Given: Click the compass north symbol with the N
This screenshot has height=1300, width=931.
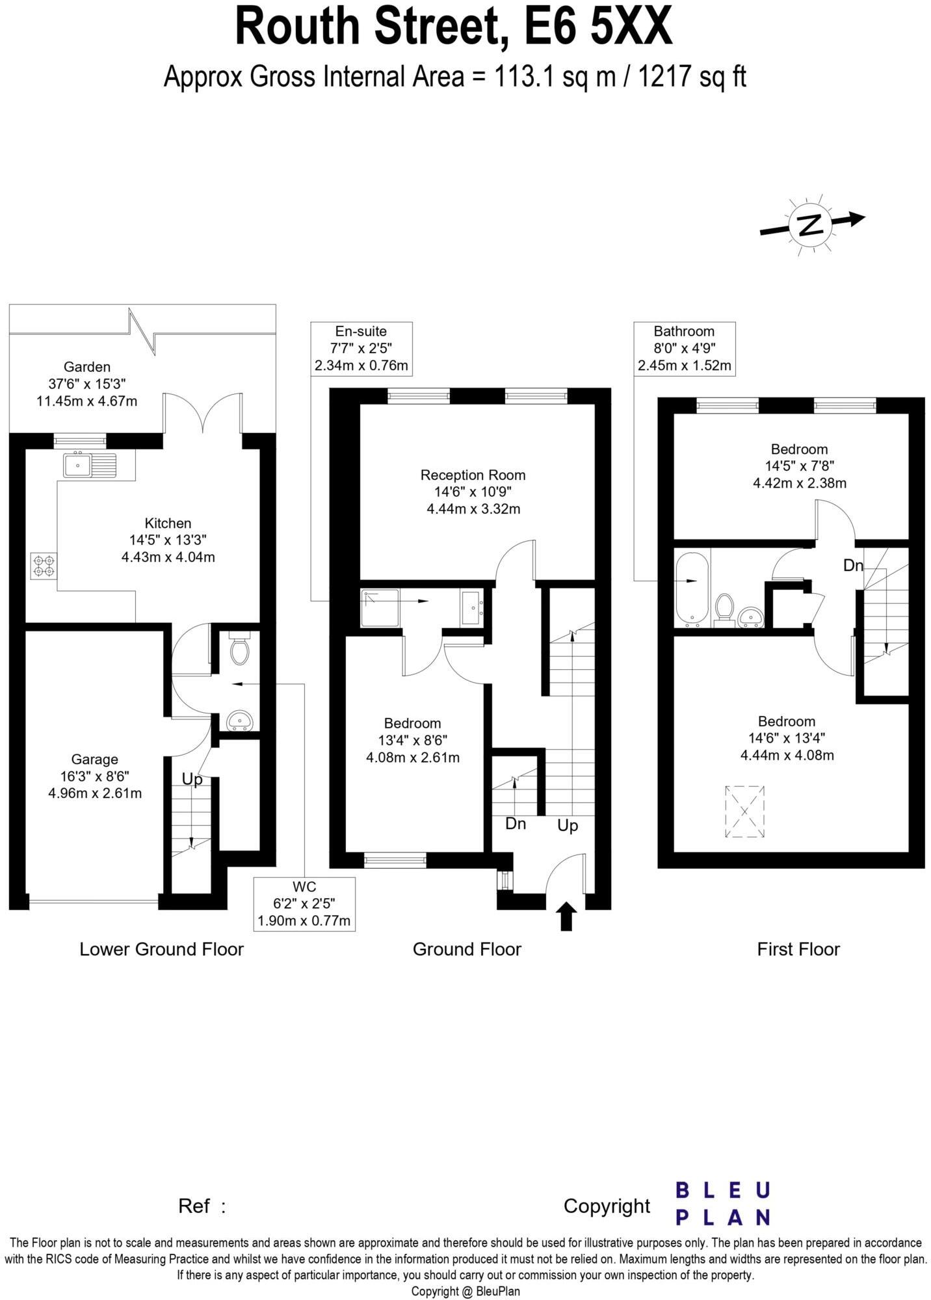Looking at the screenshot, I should click(810, 224).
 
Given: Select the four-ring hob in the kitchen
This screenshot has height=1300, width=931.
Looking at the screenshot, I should click(44, 565).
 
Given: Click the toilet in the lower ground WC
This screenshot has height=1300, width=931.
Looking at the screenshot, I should click(240, 650).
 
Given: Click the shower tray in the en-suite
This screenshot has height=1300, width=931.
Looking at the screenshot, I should click(380, 608).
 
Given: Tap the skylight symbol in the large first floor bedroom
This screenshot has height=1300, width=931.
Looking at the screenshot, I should click(744, 812).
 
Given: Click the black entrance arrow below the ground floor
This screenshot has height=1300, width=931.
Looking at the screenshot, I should click(567, 916).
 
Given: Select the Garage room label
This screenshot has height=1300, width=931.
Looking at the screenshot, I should click(95, 759).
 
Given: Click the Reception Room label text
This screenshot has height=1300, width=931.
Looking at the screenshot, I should click(473, 475).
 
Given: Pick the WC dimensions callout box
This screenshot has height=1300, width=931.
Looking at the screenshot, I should click(304, 903).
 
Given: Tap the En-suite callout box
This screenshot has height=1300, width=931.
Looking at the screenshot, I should click(361, 348).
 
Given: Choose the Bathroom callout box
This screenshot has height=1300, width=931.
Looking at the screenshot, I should click(684, 348).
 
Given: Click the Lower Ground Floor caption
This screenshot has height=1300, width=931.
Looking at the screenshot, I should click(161, 949).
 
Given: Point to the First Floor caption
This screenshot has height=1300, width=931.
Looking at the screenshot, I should click(798, 949).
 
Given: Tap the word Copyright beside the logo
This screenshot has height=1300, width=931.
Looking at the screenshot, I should click(607, 1206).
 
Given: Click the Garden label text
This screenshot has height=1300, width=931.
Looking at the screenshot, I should click(86, 367).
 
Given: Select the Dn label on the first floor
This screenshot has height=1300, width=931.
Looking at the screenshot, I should click(853, 565).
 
